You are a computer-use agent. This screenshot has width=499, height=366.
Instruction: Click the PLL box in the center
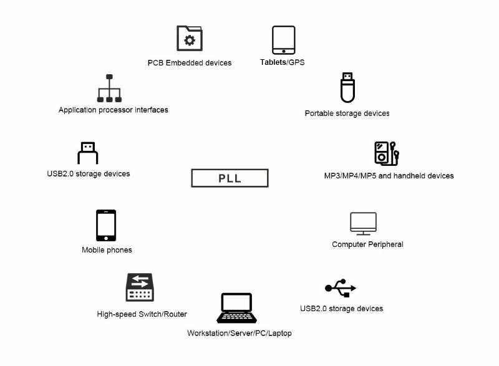(230, 178)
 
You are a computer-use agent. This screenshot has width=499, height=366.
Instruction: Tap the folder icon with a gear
(190, 39)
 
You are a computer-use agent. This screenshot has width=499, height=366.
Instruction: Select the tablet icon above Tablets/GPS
(283, 40)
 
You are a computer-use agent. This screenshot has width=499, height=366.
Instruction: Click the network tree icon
(109, 89)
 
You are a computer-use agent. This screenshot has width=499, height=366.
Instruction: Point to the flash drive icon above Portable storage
(347, 88)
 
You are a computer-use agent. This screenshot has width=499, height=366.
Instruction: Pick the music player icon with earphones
(386, 153)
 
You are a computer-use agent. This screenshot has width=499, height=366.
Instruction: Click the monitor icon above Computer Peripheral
(363, 224)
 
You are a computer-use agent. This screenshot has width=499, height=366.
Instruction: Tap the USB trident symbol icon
(341, 288)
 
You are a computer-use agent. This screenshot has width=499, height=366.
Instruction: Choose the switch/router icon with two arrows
(140, 287)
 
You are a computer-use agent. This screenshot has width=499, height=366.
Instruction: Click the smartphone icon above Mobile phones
(106, 225)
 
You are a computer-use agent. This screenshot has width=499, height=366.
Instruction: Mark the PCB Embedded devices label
(190, 63)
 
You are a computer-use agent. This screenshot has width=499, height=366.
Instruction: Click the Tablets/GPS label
(283, 62)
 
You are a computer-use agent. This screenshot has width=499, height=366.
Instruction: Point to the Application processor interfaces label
(114, 110)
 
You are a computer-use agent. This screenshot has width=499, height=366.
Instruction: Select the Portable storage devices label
(347, 113)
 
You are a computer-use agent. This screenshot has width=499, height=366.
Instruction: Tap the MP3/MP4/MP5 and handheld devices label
(389, 176)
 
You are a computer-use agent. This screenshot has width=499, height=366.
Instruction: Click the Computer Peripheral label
(367, 244)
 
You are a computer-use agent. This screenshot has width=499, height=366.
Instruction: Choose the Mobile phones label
(107, 250)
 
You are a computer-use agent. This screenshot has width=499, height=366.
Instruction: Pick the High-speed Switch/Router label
(142, 314)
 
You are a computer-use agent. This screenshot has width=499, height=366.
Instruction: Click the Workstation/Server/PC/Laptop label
(240, 333)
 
